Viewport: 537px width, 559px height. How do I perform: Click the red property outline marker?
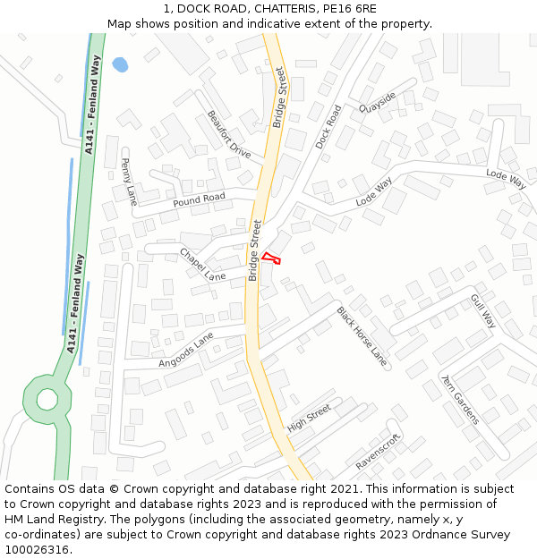click(271, 258)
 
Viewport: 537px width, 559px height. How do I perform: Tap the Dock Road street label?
click(328, 126)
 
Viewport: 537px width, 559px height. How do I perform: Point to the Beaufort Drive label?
click(228, 134)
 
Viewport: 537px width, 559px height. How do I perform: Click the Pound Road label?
click(199, 198)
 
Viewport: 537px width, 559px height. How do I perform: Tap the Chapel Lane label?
click(203, 265)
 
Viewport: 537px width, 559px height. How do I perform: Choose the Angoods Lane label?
click(186, 350)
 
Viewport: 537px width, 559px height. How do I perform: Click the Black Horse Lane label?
click(362, 336)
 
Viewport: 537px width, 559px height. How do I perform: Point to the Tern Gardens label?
click(459, 399)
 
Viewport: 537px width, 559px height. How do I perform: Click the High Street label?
click(309, 418)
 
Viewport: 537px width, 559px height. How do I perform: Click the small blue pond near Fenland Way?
click(120, 65)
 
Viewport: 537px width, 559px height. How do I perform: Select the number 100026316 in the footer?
click(38, 549)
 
